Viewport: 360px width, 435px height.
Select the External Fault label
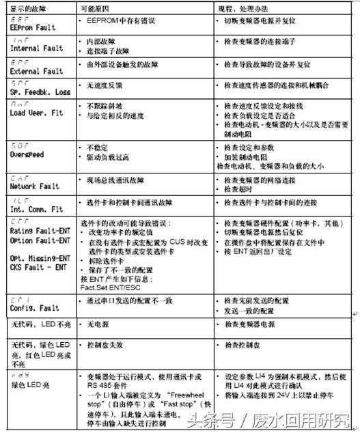[38, 71]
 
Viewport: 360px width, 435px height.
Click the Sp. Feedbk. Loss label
[41, 91]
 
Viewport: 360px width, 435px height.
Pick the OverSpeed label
[28, 155]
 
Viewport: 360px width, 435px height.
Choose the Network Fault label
[36, 186]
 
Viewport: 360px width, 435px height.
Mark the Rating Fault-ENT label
[41, 230]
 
